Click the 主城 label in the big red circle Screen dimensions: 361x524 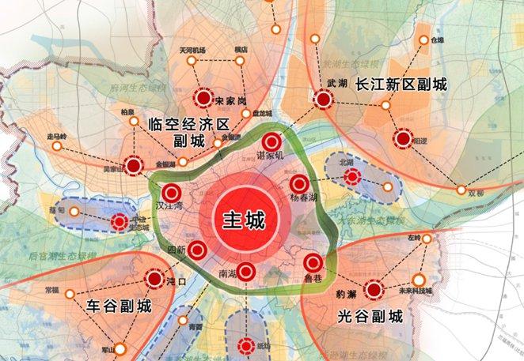(x=243, y=219)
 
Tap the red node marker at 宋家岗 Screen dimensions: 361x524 (x=204, y=100)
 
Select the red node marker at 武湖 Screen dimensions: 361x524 (x=323, y=100)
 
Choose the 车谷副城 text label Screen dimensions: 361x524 (x=118, y=307)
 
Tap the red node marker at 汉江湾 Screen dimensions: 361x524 (x=171, y=192)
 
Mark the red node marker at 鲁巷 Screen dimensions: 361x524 (x=314, y=263)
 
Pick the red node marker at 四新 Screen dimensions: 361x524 (x=198, y=251)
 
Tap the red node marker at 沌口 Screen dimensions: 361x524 (x=154, y=278)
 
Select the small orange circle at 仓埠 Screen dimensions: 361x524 (x=420, y=39)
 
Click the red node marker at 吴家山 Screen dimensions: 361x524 (x=135, y=166)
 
